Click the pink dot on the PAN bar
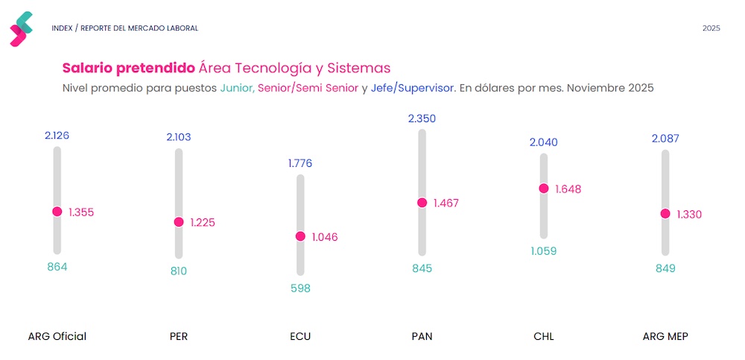[x=422, y=203]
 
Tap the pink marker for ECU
[x=300, y=236]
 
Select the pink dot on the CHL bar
[x=544, y=189]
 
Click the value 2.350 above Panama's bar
[x=422, y=119]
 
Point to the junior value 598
[x=300, y=288]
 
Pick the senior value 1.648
[x=568, y=189]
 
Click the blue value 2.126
[x=57, y=136]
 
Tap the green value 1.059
[x=544, y=251]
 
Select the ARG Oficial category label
[x=57, y=336]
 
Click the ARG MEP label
[x=665, y=336]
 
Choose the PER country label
[x=179, y=336]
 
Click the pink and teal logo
[x=22, y=28]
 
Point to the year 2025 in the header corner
[x=711, y=28]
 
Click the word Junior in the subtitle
[x=237, y=88]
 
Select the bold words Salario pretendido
[x=129, y=69]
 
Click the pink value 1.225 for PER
[x=203, y=222]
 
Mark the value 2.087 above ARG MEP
[x=665, y=139]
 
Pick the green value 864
[x=57, y=267]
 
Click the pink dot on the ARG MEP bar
[x=665, y=214]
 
